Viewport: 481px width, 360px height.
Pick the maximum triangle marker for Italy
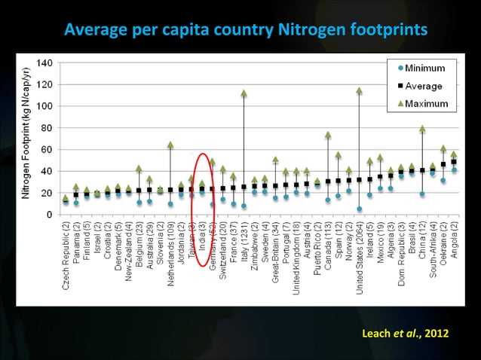[x=244, y=93]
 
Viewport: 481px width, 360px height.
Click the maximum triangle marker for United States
[x=360, y=91]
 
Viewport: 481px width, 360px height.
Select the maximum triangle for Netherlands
[x=170, y=145]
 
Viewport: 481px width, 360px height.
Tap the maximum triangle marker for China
[x=422, y=129]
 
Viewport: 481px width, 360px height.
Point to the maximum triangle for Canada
[x=328, y=136]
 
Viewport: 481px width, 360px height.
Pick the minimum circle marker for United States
[x=360, y=209]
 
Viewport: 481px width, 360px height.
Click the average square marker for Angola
[x=454, y=162]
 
